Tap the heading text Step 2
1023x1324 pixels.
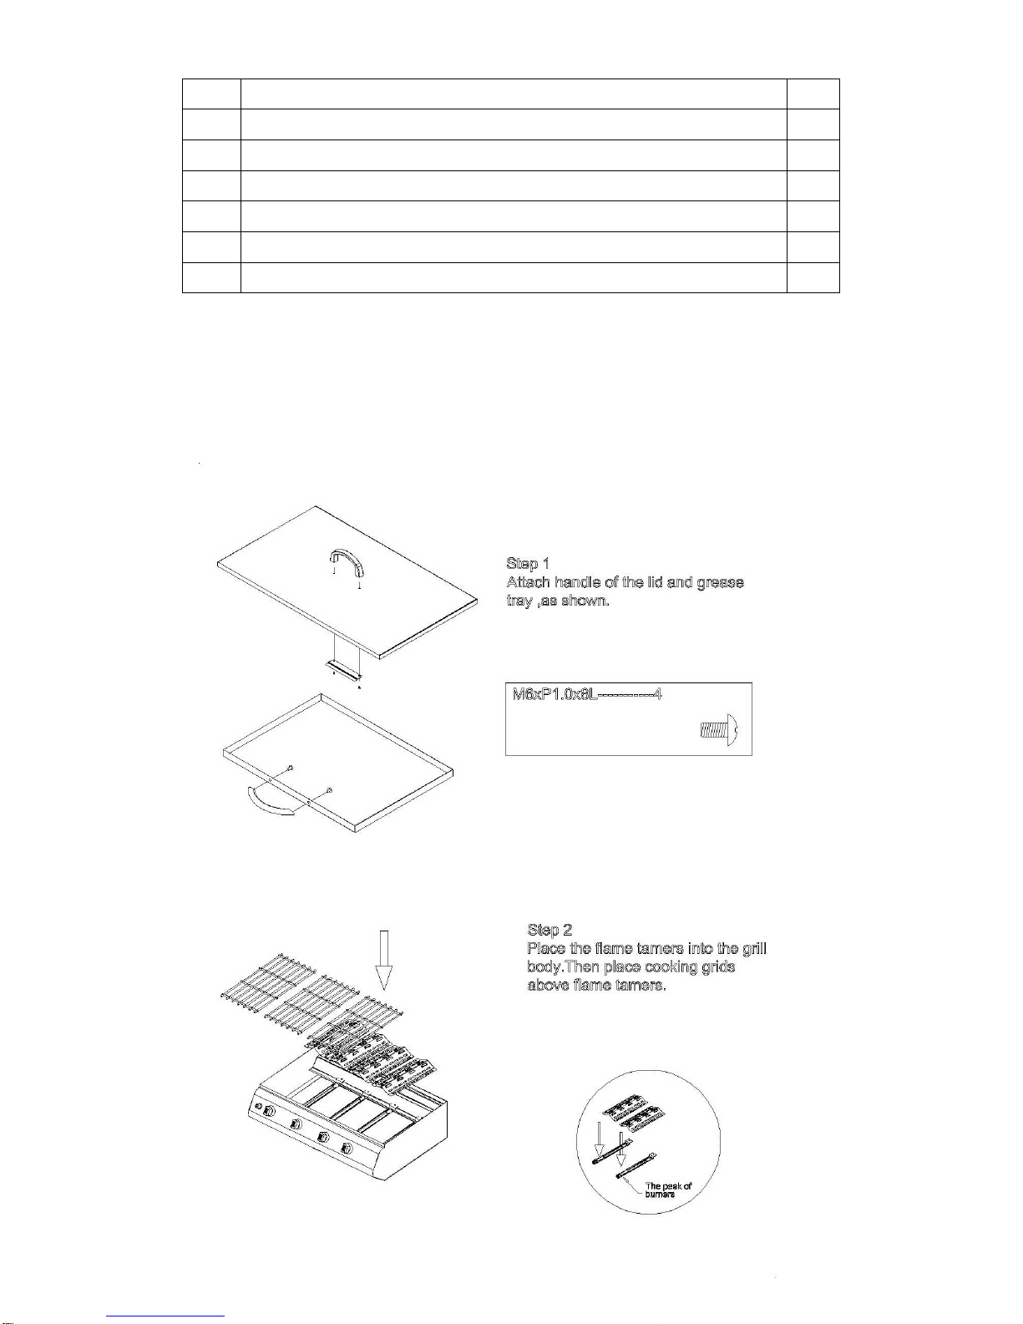click(549, 930)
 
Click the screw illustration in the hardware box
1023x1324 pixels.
click(721, 730)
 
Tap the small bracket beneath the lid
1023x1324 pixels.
click(343, 666)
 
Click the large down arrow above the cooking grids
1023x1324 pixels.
click(383, 960)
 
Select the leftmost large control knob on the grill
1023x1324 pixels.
click(296, 1126)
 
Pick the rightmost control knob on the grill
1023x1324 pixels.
click(347, 1150)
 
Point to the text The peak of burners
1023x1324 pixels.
click(668, 1190)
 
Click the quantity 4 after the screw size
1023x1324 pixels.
click(659, 694)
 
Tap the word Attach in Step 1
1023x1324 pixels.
click(528, 582)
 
